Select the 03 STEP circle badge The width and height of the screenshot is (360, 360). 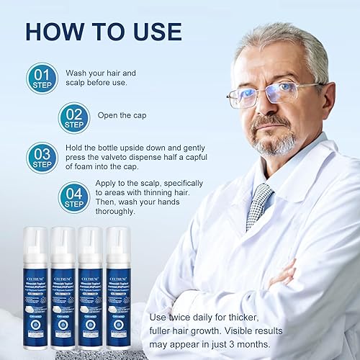click(41, 156)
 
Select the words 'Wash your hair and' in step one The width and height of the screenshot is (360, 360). click(101, 73)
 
